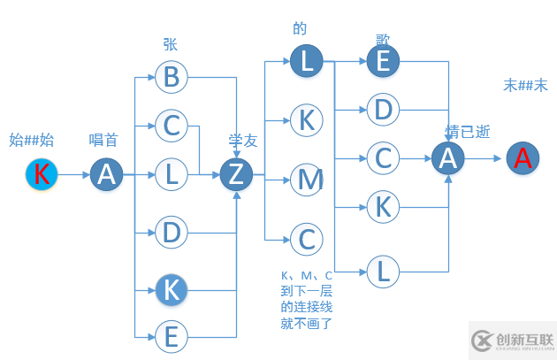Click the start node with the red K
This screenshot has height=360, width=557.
(x=42, y=174)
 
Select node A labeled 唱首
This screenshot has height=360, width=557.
(x=106, y=175)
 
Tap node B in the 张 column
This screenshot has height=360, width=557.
(x=172, y=78)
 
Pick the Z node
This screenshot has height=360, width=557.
(x=236, y=175)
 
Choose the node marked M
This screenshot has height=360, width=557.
(x=307, y=180)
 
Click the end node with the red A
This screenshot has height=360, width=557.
(x=523, y=158)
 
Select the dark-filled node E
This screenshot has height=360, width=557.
(x=383, y=61)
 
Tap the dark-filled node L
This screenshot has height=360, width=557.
(x=307, y=61)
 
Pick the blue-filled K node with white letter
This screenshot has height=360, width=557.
(x=172, y=288)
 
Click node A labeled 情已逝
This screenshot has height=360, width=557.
(x=448, y=158)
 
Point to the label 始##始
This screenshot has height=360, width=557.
(x=32, y=139)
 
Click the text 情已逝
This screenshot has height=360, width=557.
(x=468, y=132)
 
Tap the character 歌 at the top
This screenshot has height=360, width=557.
(x=382, y=40)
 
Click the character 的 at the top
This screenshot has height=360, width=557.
(x=300, y=29)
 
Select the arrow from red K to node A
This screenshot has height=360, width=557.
(x=73, y=175)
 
